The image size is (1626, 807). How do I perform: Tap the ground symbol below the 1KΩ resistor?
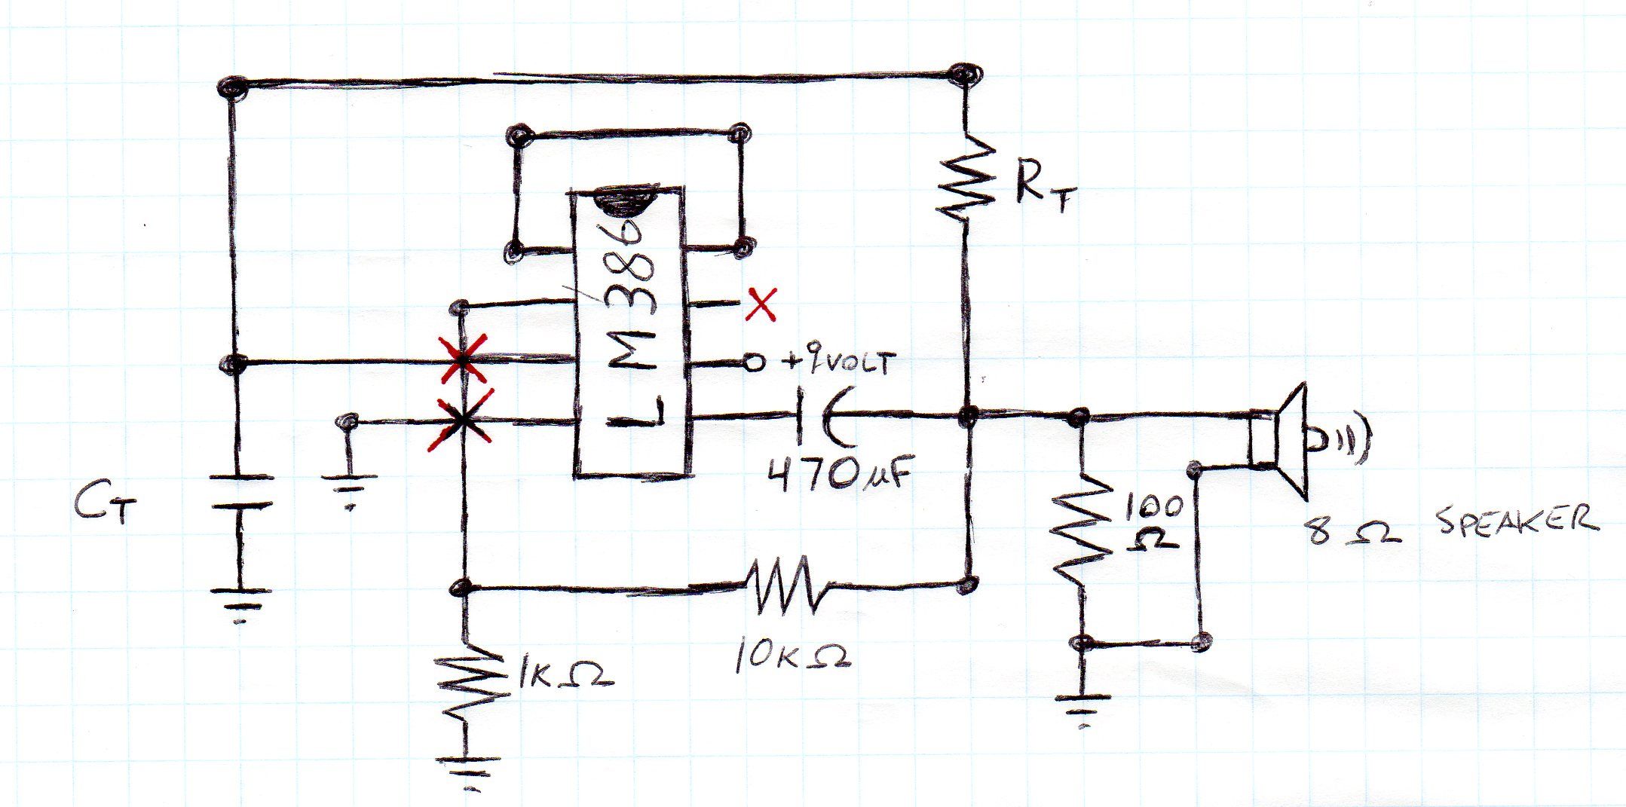pos(468,769)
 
